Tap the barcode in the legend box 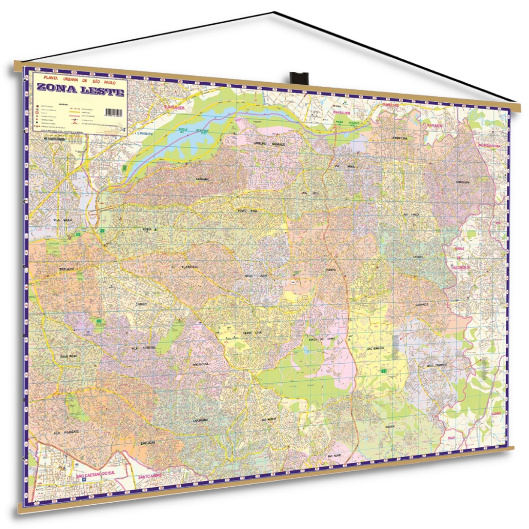coord(114,113)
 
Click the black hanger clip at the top coord(299,78)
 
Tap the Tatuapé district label coord(68,269)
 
